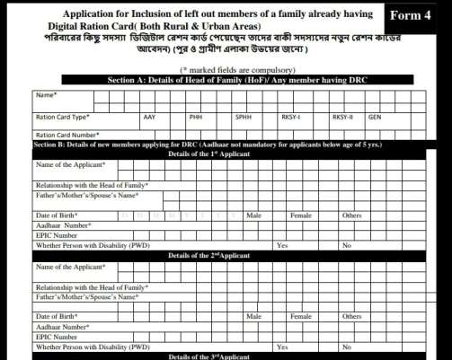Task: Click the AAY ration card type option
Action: [149, 117]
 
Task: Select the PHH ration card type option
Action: [196, 117]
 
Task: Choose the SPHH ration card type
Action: [243, 117]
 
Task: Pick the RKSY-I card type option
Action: [291, 117]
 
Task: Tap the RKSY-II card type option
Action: [342, 117]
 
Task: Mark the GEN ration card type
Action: [374, 117]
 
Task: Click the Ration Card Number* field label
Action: [65, 135]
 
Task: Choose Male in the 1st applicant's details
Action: [253, 215]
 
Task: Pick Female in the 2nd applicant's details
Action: [301, 317]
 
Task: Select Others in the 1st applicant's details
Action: [351, 215]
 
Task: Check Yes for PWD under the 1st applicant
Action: [282, 245]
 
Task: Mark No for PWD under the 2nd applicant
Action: [346, 347]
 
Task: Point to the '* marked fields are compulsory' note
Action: [225, 69]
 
